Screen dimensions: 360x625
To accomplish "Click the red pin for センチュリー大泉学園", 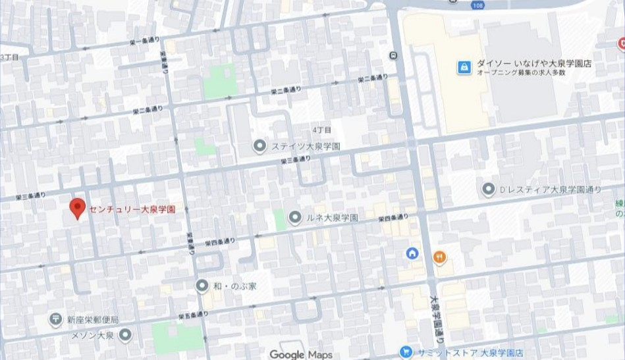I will click(78, 208).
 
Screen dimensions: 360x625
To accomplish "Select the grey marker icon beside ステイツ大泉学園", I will click(260, 145).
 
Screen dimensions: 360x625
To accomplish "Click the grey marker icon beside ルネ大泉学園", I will click(295, 217).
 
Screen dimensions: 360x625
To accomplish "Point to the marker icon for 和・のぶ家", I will click(202, 285).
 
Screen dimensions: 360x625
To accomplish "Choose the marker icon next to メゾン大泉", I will click(125, 335).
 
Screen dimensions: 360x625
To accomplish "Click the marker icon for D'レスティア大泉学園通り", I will click(488, 190).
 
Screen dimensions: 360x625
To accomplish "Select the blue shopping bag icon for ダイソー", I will click(464, 67).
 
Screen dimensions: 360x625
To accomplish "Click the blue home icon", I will click(412, 253).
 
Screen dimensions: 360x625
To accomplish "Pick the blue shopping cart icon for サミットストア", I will click(406, 353).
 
